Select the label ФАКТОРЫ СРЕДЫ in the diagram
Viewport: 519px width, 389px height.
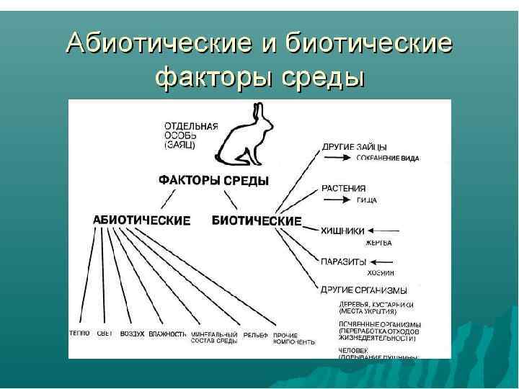pos(213,181)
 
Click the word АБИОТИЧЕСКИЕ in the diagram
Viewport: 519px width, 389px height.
pos(142,220)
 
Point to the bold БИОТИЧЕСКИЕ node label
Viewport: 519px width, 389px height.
pos(257,220)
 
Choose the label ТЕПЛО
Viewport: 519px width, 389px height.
pos(79,334)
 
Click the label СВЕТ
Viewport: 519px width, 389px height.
pos(104,334)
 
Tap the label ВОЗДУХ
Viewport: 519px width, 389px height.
pos(133,334)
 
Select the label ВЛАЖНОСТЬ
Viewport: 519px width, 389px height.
pos(168,334)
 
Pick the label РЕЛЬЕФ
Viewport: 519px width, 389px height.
pos(255,334)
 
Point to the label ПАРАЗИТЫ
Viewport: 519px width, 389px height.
pos(344,261)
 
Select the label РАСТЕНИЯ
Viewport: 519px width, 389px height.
pos(344,189)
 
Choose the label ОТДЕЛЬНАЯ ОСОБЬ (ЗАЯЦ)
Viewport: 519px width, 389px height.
pos(191,135)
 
